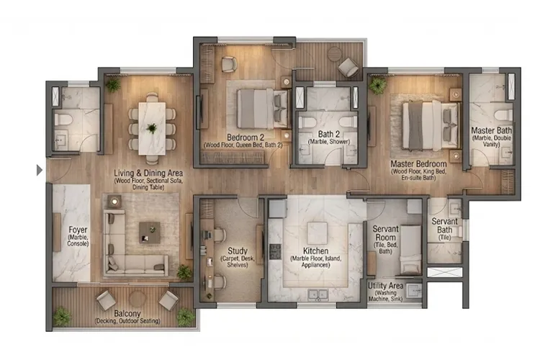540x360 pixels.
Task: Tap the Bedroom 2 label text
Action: click(x=246, y=136)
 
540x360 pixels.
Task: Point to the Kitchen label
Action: click(x=310, y=251)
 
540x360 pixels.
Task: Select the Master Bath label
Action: click(x=492, y=131)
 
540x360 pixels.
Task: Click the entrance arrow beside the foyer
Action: click(x=39, y=171)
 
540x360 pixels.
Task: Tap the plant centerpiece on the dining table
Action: click(x=151, y=128)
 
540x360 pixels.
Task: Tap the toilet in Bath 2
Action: click(x=349, y=120)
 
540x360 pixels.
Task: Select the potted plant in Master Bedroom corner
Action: click(x=377, y=85)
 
